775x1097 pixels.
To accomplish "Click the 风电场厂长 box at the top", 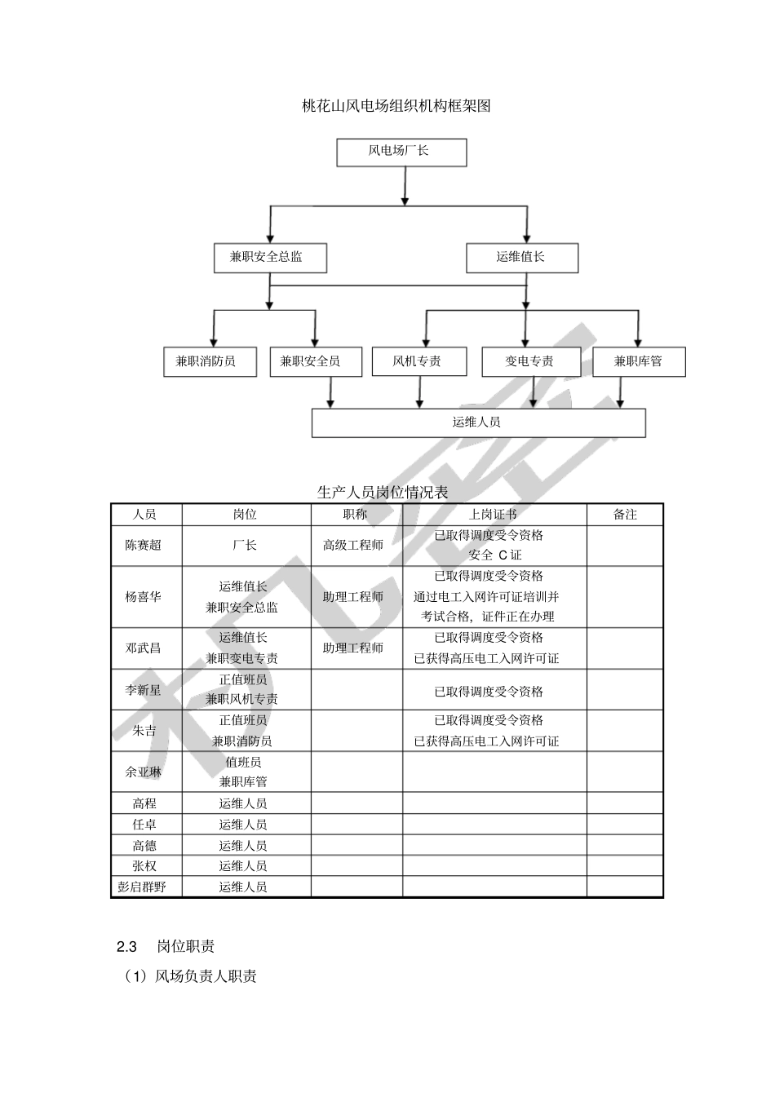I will [x=401, y=152].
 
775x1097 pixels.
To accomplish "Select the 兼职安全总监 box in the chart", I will [x=269, y=258].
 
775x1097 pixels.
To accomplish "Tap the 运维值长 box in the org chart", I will [x=521, y=258].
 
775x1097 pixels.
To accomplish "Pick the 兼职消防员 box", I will [x=210, y=361].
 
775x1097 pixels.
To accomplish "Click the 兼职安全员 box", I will [x=315, y=361].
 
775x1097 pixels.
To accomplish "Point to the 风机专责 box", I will [x=418, y=361].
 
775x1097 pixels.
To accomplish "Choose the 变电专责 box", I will [x=530, y=361].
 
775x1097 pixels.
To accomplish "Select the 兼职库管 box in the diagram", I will [x=638, y=361].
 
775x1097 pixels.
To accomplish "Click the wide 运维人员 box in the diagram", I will [x=478, y=422].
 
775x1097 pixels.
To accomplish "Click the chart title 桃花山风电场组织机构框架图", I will [x=396, y=106].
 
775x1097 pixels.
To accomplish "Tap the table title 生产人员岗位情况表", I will [x=383, y=493].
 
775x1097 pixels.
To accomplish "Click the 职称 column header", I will [x=356, y=515].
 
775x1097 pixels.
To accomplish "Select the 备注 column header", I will [x=625, y=515].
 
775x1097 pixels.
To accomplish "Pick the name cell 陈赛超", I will [x=144, y=546].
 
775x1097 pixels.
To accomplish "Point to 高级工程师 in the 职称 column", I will [x=353, y=546].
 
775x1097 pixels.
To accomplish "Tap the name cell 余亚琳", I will [x=144, y=772].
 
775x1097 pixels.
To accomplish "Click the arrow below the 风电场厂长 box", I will [x=405, y=187].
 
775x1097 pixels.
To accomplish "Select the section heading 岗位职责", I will [x=186, y=947].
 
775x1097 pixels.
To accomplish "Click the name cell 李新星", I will [x=144, y=690].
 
